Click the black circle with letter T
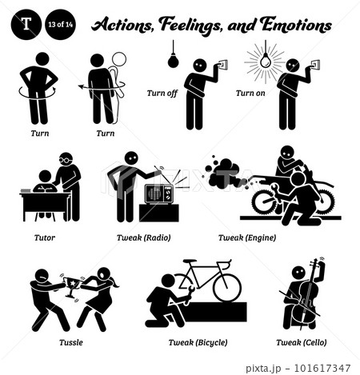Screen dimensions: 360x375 [x=26, y=24]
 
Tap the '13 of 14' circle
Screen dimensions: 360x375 [x=60, y=24]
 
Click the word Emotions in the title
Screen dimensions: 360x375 [x=296, y=25]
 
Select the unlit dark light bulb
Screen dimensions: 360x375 [x=173, y=61]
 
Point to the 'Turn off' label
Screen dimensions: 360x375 [x=162, y=94]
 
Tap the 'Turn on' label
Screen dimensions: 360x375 [x=250, y=94]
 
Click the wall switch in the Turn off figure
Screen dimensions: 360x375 [x=222, y=65]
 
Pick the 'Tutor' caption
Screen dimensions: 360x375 [x=45, y=237]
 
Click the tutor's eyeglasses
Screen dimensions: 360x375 [x=66, y=160]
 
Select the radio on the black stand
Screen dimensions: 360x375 [x=159, y=194]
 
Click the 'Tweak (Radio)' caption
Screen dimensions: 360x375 [x=144, y=237]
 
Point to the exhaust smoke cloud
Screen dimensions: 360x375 [x=222, y=173]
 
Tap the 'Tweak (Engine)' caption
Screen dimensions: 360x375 [x=247, y=237]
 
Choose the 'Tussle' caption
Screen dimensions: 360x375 [x=71, y=342]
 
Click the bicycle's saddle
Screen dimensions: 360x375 [x=190, y=261]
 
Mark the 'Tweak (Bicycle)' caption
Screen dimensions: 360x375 [x=198, y=342]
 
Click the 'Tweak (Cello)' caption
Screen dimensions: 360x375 [x=302, y=342]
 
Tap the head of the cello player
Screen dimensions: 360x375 [x=298, y=273]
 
